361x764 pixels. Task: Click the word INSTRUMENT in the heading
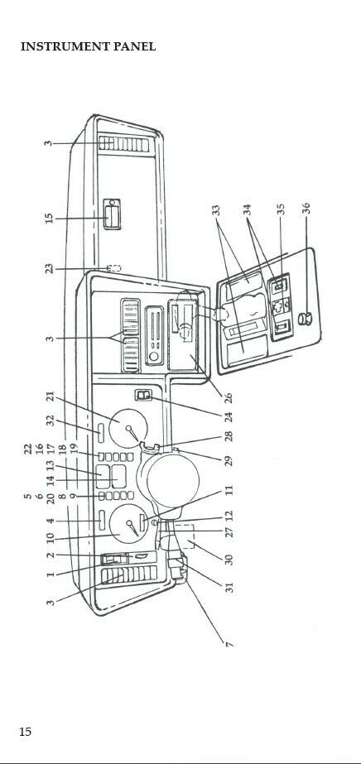tap(65, 47)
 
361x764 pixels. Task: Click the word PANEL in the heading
tap(135, 47)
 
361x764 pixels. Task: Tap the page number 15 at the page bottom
tap(26, 732)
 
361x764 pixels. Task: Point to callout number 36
tap(306, 208)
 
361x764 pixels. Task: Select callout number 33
tap(216, 210)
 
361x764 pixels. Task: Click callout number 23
tap(49, 268)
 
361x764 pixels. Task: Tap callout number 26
tap(228, 397)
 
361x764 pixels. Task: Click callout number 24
tap(228, 416)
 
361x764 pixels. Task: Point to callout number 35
tap(280, 209)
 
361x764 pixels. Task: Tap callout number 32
tap(51, 420)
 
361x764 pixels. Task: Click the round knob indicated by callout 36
tap(306, 320)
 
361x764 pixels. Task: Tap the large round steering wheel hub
tap(173, 481)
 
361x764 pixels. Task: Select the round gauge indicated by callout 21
tap(128, 428)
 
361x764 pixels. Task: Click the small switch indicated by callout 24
tap(144, 396)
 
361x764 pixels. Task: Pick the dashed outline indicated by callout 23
tap(114, 268)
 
